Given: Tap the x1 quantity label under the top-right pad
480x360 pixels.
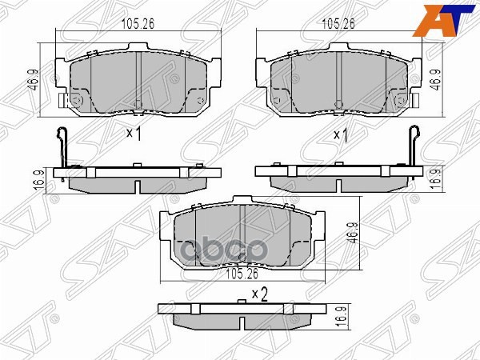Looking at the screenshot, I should point(340,134).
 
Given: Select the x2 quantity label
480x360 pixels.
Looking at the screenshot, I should point(258,294).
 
